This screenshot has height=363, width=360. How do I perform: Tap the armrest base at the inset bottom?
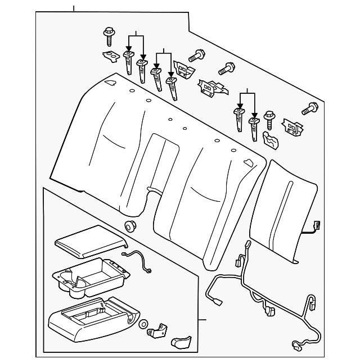click(90, 321)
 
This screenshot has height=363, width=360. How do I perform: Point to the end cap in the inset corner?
click(181, 342)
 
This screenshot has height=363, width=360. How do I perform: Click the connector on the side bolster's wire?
click(317, 226)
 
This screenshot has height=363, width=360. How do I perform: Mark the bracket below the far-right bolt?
click(291, 128)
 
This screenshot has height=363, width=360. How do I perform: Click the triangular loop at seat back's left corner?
click(110, 83)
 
